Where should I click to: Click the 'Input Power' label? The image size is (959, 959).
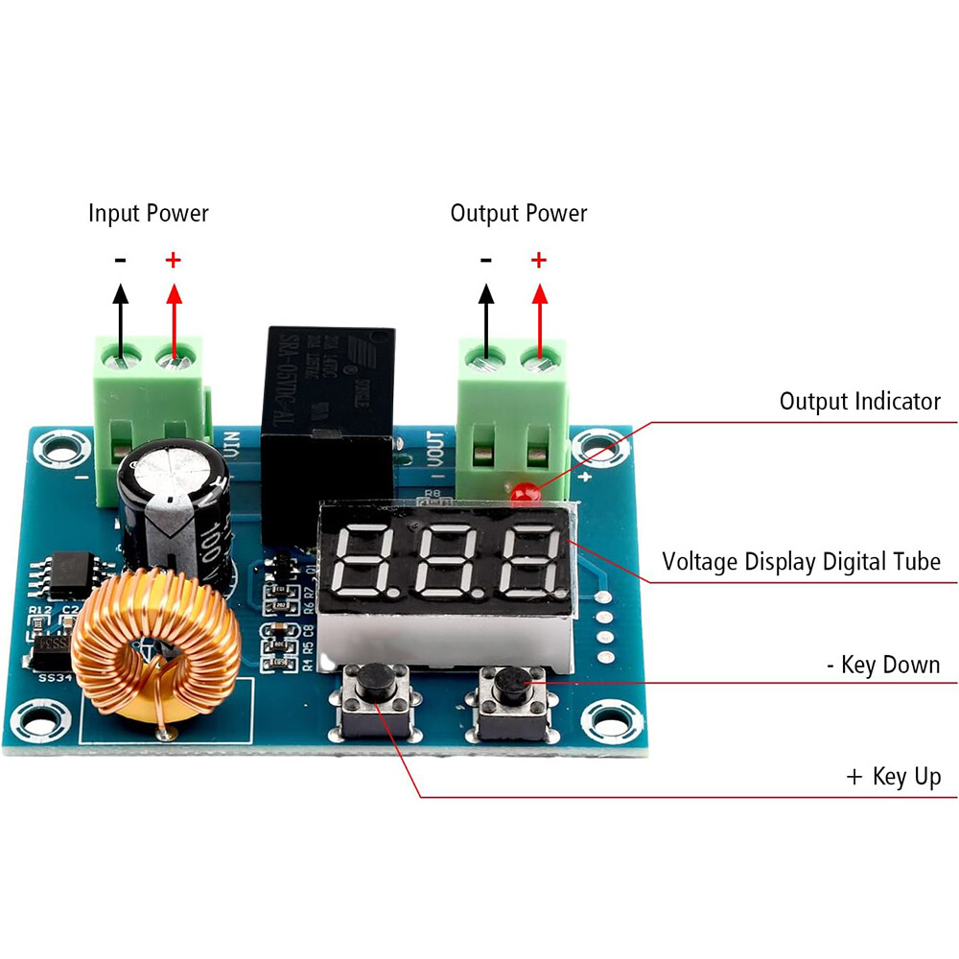[148, 213]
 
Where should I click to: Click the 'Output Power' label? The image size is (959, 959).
[518, 213]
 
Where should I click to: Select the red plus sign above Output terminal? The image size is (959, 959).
[539, 259]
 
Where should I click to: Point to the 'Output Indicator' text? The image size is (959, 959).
[859, 401]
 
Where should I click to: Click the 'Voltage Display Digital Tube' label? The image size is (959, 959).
[802, 561]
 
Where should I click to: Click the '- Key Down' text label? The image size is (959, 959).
[882, 665]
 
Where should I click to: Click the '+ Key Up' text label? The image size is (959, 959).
[894, 776]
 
